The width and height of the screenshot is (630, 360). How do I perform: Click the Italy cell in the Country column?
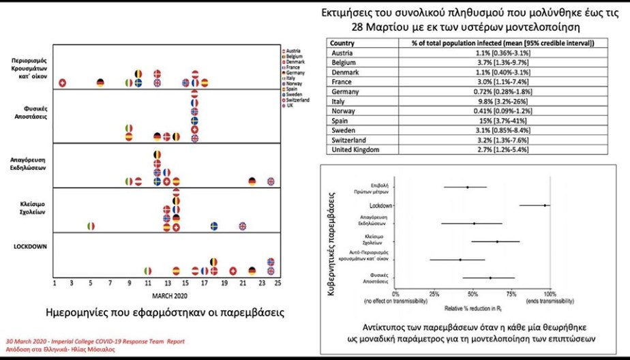(339, 101)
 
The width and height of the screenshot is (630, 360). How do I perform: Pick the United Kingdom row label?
(355, 149)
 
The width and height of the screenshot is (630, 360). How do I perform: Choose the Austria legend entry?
(295, 51)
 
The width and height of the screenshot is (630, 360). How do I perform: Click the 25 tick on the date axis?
(277, 282)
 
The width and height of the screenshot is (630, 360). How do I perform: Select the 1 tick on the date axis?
(54, 282)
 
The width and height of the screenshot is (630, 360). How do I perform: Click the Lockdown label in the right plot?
(380, 205)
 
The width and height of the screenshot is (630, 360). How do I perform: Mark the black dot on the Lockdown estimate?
(545, 205)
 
